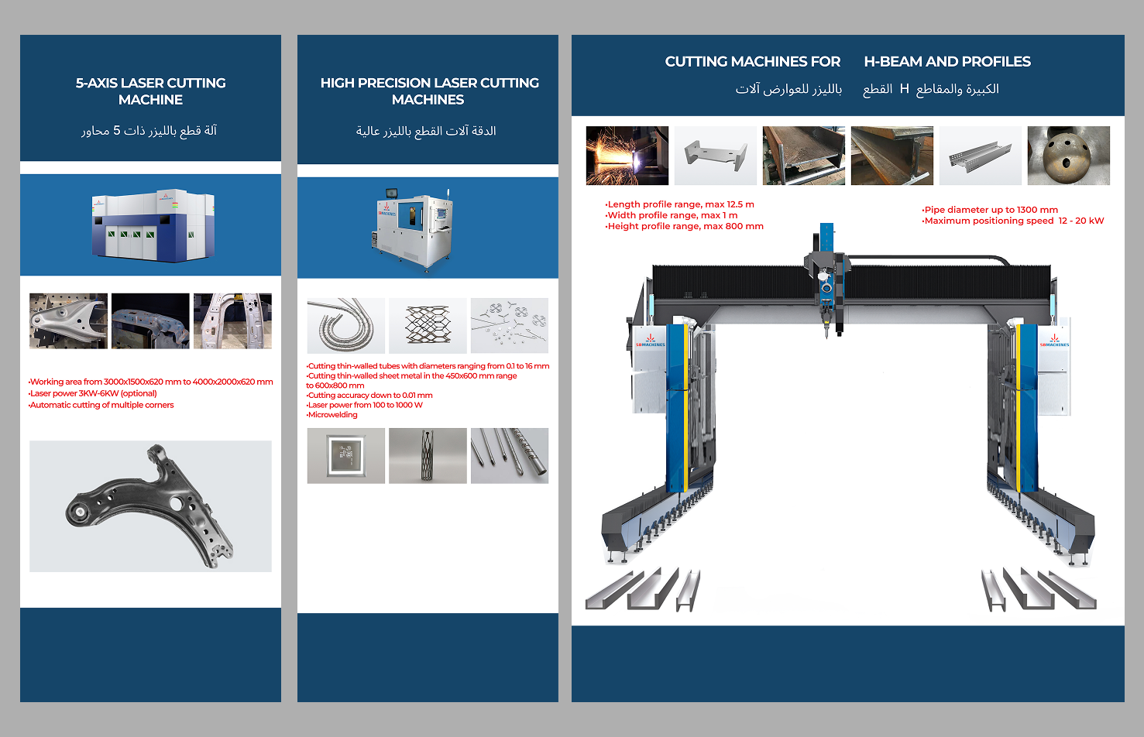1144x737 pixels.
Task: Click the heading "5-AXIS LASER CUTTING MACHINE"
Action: [151, 91]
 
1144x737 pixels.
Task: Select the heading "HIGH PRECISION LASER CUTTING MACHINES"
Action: [429, 91]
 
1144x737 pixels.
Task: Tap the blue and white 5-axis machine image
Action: [153, 225]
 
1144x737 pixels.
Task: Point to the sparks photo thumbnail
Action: [627, 156]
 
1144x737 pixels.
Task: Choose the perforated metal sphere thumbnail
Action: [1068, 156]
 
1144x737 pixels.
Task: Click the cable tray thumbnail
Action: [980, 156]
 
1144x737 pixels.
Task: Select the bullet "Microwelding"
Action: [332, 414]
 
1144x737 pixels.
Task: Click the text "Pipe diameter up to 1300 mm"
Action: [990, 210]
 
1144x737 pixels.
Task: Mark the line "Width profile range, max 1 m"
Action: [671, 215]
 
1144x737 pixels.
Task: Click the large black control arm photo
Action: [150, 506]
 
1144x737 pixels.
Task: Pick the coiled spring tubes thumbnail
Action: [345, 326]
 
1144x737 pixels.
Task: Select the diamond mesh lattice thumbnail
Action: [428, 326]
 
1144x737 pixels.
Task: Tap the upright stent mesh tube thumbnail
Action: [428, 456]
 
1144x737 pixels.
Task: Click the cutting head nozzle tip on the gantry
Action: [826, 336]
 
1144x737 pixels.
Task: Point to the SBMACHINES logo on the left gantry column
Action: [650, 341]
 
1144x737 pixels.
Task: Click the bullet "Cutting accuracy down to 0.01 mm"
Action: [369, 395]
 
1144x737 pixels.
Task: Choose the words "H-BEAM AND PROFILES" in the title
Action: [947, 61]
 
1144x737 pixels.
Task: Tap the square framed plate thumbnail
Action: [345, 456]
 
